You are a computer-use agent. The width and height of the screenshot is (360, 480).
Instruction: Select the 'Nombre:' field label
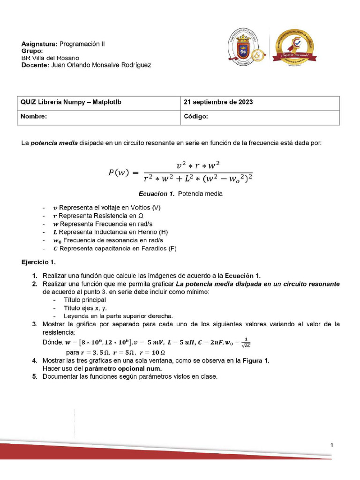34,117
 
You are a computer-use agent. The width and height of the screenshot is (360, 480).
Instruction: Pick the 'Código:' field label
196,117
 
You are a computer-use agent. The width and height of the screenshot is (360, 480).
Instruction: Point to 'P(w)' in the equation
120,173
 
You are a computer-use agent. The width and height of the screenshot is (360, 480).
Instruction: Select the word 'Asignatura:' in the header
39,44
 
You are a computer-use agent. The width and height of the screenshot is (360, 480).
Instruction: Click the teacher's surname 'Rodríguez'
136,65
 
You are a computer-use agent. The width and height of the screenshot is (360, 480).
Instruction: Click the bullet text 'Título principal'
85,300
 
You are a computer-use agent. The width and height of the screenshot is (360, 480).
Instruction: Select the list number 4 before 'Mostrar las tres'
35,360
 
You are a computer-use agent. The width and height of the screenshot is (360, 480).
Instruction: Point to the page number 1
331,445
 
